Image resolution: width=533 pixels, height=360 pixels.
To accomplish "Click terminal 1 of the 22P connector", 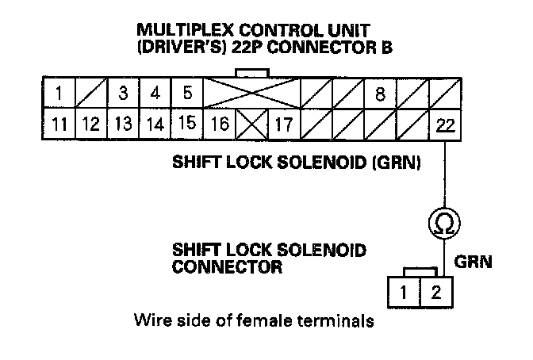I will tap(59, 94).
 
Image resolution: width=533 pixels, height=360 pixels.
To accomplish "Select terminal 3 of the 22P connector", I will tap(122, 94).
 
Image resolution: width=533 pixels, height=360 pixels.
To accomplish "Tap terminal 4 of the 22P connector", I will tap(155, 94).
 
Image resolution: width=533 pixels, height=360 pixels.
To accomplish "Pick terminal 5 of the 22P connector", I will tap(187, 94).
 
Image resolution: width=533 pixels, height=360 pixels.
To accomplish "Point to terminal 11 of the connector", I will tap(59, 124).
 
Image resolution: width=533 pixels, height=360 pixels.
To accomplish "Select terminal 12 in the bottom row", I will tap(90, 124).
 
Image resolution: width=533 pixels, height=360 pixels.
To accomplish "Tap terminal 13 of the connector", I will tap(122, 124).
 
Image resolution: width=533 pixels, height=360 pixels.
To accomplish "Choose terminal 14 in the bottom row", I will tap(155, 124).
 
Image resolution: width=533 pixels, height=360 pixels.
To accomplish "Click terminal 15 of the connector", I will tap(187, 124).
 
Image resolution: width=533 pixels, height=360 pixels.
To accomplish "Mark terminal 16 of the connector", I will tap(220, 124).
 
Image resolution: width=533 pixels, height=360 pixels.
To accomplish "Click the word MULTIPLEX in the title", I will tap(180, 30).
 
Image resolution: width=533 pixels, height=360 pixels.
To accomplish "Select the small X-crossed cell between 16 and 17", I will tap(251, 124).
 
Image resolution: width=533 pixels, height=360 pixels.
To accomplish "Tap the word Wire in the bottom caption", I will tap(151, 322).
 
